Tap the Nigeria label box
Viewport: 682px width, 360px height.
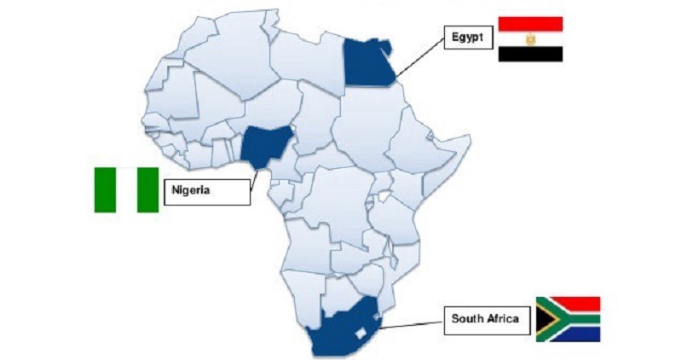point(205,191)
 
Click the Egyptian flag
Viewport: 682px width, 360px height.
point(529,38)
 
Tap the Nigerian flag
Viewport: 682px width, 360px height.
point(126,189)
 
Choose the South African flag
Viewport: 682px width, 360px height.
point(568,319)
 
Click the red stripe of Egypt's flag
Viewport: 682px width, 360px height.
point(529,24)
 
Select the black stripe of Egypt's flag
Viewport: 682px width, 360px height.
point(529,54)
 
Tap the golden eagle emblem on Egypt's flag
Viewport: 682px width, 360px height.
point(529,39)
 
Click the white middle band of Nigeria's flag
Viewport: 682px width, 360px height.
point(126,189)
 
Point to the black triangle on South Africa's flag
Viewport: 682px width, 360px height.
point(542,319)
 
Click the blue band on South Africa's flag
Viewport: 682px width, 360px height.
point(580,334)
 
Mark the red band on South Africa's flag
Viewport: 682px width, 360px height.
point(580,303)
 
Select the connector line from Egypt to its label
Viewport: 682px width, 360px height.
point(422,55)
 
